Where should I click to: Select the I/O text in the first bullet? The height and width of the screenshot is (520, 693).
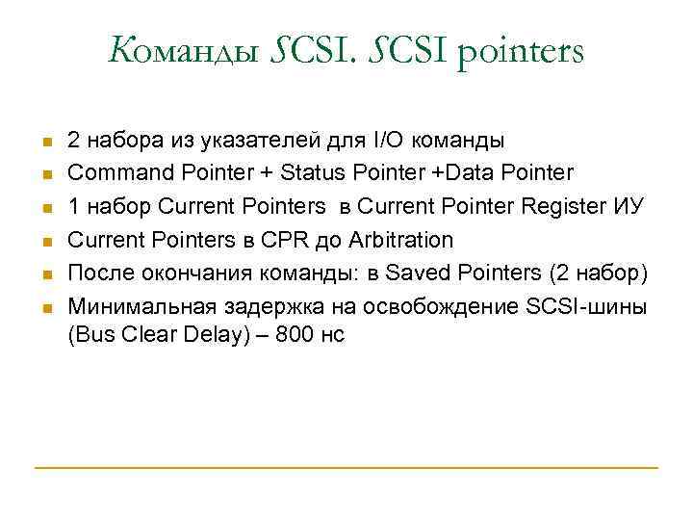coord(385,141)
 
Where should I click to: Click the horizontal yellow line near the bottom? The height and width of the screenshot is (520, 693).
coord(346,468)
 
